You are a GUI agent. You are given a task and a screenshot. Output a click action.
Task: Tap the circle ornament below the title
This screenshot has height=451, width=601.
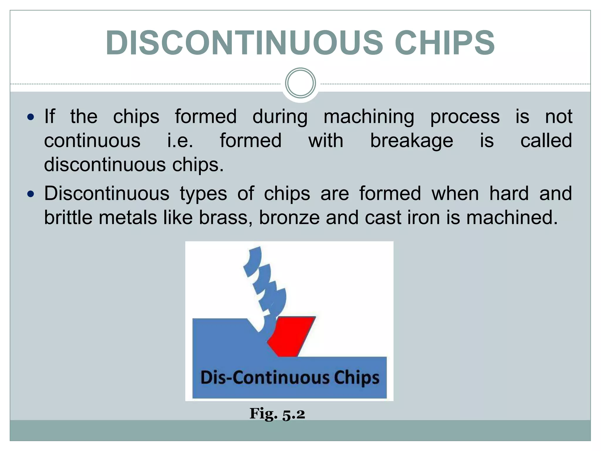tap(300, 83)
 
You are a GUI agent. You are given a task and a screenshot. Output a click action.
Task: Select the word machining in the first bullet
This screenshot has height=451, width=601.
tap(369, 117)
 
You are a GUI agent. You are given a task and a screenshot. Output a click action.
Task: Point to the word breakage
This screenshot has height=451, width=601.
tap(411, 141)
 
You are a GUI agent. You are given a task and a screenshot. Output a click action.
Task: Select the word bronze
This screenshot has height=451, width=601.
tap(289, 218)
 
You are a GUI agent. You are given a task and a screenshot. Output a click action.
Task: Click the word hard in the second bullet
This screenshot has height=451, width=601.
tap(509, 194)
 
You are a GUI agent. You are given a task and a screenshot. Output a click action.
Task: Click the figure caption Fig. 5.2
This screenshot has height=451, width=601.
tap(277, 414)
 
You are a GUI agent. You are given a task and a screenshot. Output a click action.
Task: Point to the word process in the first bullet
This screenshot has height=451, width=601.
tap(465, 117)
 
